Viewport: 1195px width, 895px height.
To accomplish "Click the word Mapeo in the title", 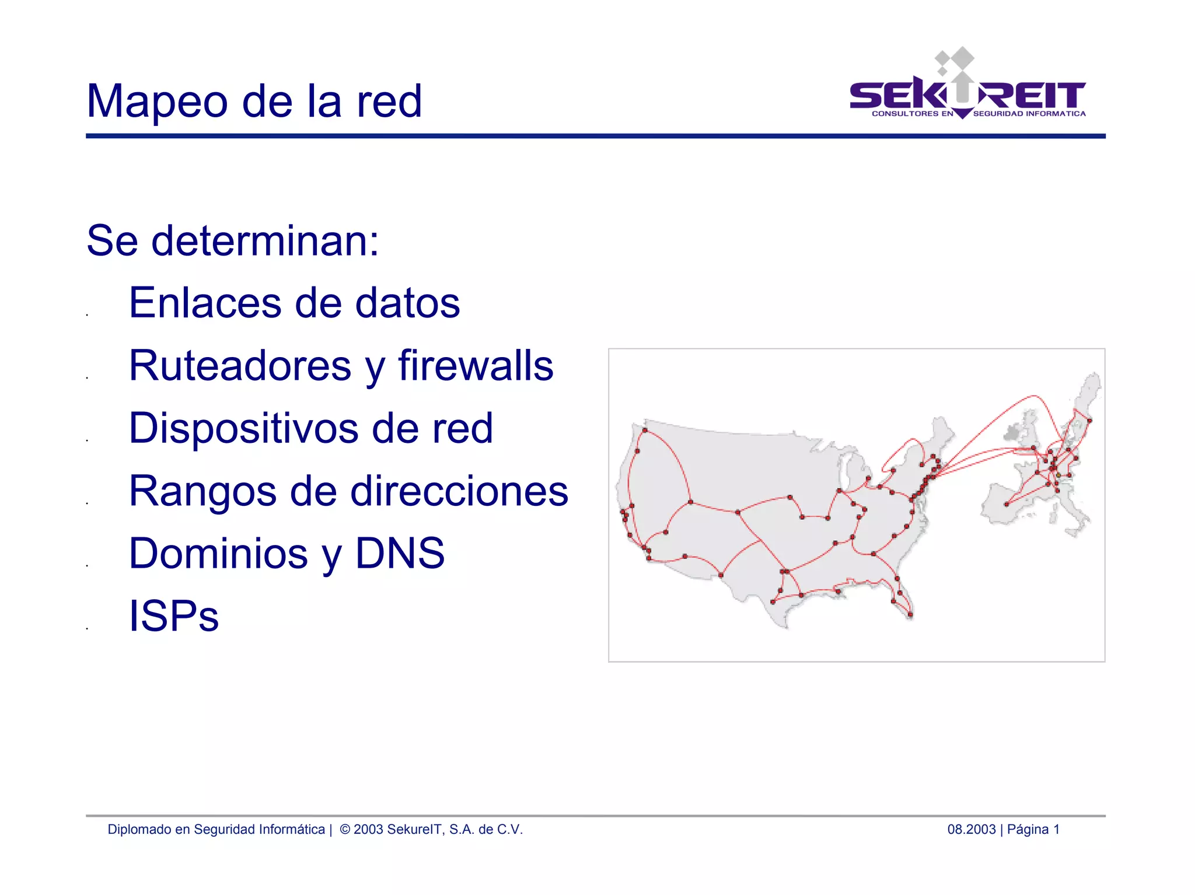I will pos(156,102).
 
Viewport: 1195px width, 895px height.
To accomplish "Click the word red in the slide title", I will pos(389,102).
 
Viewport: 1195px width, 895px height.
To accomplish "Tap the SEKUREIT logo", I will pos(967,88).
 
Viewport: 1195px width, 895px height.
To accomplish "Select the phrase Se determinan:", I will pos(232,240).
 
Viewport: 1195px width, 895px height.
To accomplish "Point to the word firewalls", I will pos(476,366).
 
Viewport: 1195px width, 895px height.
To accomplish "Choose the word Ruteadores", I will pos(240,366).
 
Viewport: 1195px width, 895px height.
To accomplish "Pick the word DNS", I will pos(400,553).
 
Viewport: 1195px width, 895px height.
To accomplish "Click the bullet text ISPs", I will pos(173,616).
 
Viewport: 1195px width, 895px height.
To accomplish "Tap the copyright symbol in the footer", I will pos(345,829).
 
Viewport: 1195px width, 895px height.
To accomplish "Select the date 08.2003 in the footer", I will pos(971,829).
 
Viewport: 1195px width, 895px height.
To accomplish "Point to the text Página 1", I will pos(1033,829).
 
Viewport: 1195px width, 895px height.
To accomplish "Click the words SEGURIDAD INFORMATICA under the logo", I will pos(1029,114).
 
